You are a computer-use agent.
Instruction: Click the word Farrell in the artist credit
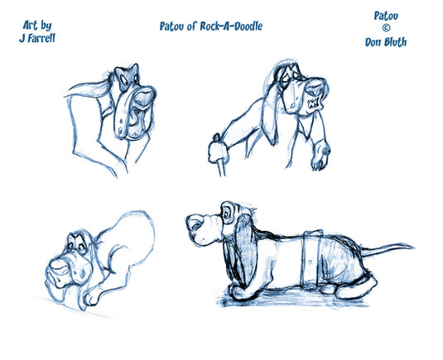pos(41,38)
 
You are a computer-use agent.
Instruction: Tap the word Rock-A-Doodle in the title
pos(231,26)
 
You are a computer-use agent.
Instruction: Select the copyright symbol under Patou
pos(386,28)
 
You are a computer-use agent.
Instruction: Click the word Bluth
pos(395,42)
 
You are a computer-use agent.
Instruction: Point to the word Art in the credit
pos(30,25)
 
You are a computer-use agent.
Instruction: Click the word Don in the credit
pos(373,42)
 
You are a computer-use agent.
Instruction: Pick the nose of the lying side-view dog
pos(195,223)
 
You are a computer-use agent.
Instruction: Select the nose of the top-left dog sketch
pos(145,95)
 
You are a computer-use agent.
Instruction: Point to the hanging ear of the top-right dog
pos(270,118)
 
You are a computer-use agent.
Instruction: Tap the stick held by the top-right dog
pos(222,168)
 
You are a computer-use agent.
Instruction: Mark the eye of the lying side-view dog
pos(227,214)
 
